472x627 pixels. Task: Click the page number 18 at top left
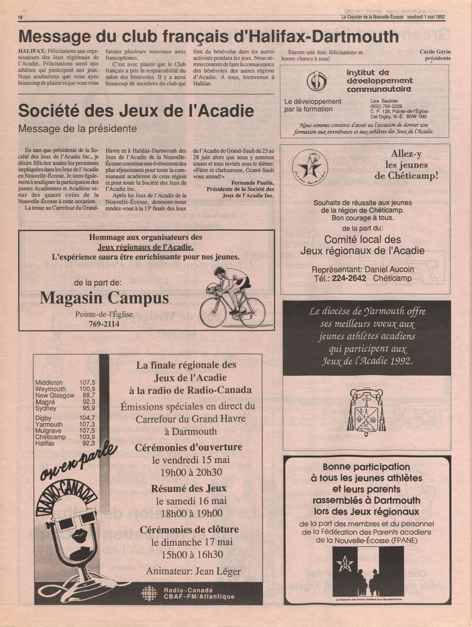coord(20,17)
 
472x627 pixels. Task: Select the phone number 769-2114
coord(104,324)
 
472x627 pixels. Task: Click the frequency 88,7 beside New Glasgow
coord(89,396)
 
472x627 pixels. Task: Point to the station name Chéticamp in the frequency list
coord(50,437)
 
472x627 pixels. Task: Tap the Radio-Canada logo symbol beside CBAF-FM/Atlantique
coord(149,593)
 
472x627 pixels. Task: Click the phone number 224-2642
coord(349,278)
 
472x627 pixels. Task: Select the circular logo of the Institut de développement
coord(316,81)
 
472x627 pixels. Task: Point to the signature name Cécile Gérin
coord(435,52)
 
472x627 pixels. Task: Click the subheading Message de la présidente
coord(78,129)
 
